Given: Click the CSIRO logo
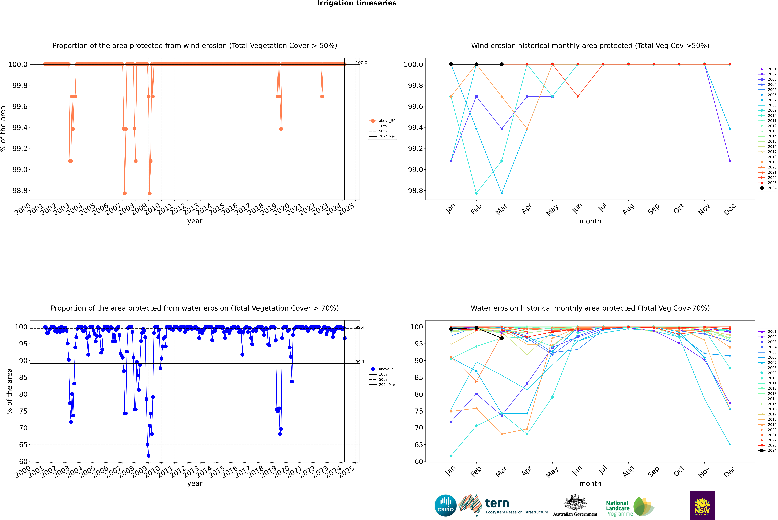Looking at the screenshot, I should (445, 505).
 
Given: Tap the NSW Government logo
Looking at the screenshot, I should (702, 505).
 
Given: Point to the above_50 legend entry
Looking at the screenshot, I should (387, 121).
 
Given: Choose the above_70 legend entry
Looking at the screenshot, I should (387, 369).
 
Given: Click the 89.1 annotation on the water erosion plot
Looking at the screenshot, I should (360, 362).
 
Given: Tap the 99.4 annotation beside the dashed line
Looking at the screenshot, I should (360, 327).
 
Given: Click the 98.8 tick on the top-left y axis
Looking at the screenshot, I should (20, 191).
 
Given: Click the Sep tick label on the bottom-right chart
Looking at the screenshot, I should (654, 471).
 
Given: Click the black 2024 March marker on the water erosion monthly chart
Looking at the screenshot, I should (502, 338).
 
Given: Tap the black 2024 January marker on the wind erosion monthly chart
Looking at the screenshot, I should (451, 64).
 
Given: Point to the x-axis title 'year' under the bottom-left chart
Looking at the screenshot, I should (195, 484).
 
